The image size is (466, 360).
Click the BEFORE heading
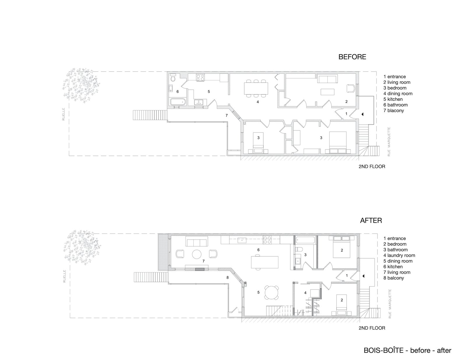pyautogui.click(x=352, y=57)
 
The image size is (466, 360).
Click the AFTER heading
pyautogui.click(x=371, y=220)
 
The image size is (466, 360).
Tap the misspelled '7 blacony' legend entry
pyautogui.click(x=393, y=110)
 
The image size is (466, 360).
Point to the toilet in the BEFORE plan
pyautogui.click(x=173, y=78)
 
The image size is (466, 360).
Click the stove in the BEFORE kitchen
pyautogui.click(x=200, y=78)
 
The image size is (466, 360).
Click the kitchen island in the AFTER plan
pyautogui.click(x=264, y=261)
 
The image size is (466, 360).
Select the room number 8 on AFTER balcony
pyautogui.click(x=227, y=278)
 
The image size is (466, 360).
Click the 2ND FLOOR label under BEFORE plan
pyautogui.click(x=372, y=167)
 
